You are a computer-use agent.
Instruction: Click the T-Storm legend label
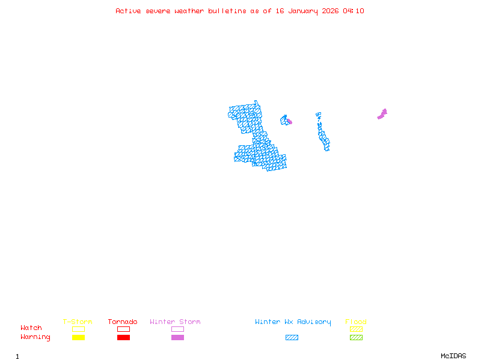click(x=78, y=322)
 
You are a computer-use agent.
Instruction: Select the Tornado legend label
click(x=123, y=322)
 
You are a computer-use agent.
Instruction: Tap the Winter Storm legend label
click(x=175, y=322)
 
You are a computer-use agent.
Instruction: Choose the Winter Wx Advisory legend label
click(x=293, y=322)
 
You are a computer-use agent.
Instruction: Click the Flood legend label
click(x=356, y=322)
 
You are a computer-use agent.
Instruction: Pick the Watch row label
click(x=31, y=328)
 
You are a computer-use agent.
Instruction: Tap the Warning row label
click(x=35, y=337)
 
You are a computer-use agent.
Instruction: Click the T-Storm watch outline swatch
click(x=78, y=329)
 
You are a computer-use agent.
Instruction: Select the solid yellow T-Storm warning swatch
click(x=78, y=337)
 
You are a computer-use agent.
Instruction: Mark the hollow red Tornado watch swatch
click(x=123, y=329)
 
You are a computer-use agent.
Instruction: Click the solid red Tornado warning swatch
click(x=123, y=337)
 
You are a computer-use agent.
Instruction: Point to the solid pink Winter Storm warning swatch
click(x=177, y=337)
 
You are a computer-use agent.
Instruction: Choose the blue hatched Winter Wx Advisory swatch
click(x=292, y=337)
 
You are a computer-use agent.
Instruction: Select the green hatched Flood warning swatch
click(x=356, y=337)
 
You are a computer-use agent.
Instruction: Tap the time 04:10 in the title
click(x=354, y=11)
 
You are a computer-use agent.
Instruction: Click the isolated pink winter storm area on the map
click(x=382, y=113)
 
